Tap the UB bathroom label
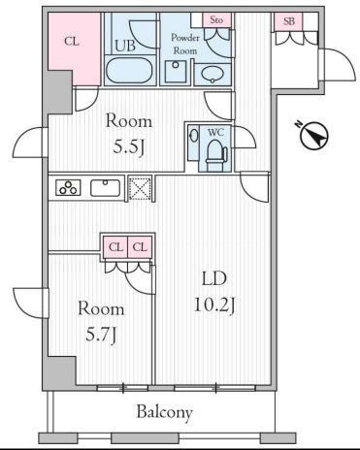(x=124, y=46)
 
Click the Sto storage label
(x=217, y=19)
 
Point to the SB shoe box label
(x=289, y=20)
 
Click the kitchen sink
(x=105, y=188)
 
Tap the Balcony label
(x=163, y=412)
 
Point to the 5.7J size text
(x=101, y=336)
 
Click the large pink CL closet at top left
(x=73, y=42)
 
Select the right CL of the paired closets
(x=141, y=247)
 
